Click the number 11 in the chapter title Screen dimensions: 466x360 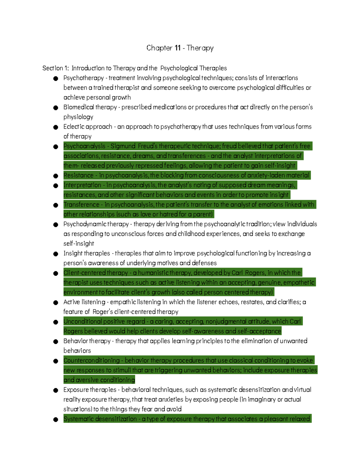178,48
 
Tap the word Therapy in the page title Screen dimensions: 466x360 200,48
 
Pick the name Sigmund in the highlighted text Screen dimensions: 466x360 123,146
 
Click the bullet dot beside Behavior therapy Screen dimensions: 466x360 55,341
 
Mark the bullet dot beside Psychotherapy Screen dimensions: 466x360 55,78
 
